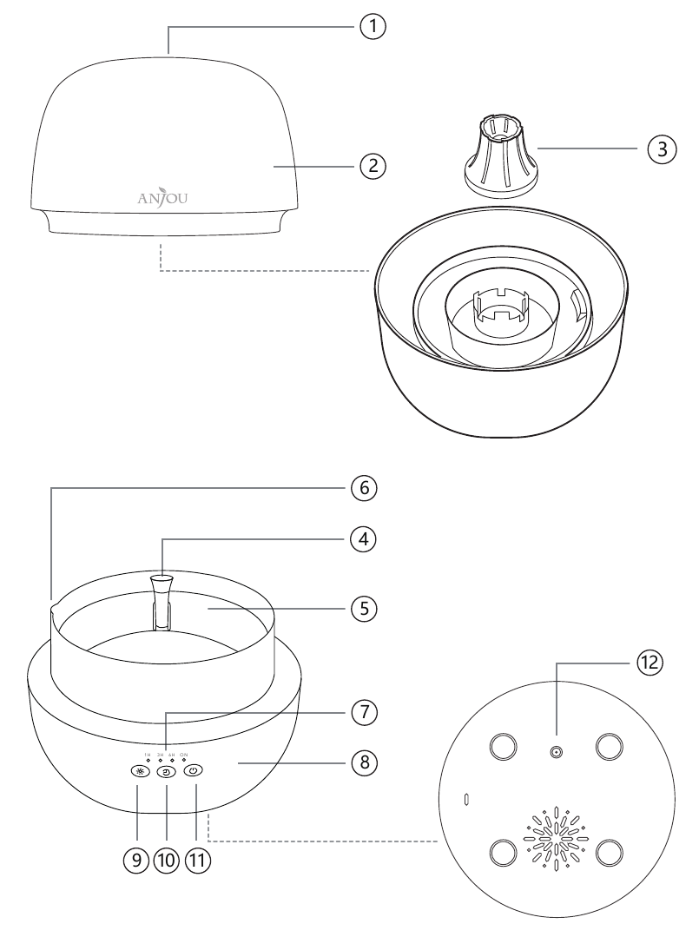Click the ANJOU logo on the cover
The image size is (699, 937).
pos(162,196)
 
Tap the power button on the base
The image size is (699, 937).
pos(194,769)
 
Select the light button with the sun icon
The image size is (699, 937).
pos(138,770)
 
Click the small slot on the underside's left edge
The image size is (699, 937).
pos(467,797)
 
